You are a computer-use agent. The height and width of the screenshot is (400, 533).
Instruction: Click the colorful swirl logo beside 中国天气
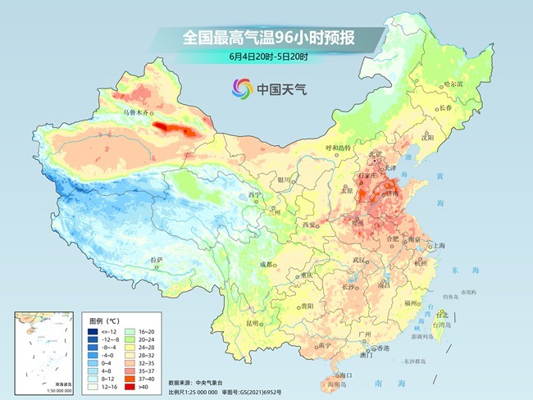coord(241,88)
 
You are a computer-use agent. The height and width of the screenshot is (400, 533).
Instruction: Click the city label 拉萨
coord(157,260)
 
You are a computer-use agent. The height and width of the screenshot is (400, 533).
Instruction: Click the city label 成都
coord(267,265)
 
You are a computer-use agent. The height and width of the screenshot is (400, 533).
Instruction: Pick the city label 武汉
coord(358,260)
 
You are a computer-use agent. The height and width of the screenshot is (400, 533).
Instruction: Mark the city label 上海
coord(440,245)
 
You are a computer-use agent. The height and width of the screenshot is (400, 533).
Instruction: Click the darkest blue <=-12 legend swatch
coord(92,330)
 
